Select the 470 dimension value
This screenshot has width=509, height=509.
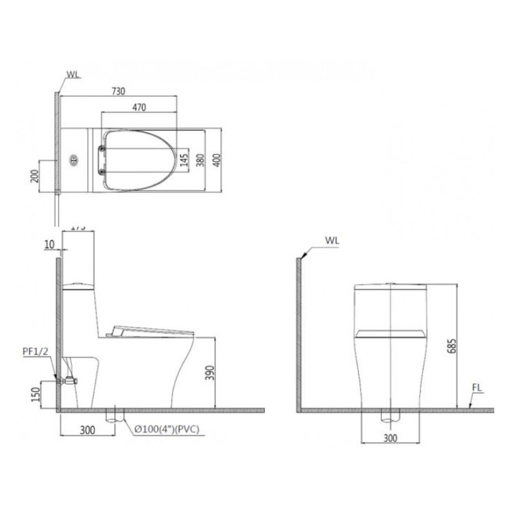coord(139,107)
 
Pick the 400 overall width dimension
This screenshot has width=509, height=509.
coord(217,161)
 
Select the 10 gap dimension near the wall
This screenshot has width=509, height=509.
coord(49,245)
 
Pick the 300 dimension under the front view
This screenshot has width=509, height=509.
coord(390,438)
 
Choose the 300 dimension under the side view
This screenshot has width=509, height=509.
coord(88,430)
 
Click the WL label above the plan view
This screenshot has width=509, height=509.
coord(73,75)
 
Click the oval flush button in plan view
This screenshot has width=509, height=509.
coord(74,160)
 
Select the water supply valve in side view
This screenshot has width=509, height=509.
coord(68,380)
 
